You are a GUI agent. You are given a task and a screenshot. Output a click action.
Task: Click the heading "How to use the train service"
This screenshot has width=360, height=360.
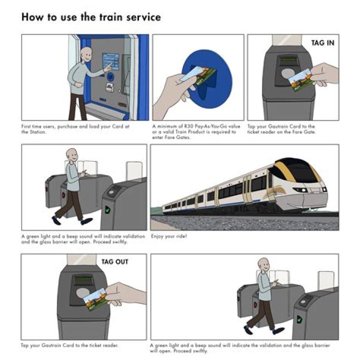coord(91,17)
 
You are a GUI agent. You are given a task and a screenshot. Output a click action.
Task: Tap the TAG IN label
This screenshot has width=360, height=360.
coord(322,43)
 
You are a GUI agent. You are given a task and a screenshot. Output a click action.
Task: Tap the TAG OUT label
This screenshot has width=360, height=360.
coord(114,261)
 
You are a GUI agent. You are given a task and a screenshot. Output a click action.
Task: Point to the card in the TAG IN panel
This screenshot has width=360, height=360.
coord(300,78)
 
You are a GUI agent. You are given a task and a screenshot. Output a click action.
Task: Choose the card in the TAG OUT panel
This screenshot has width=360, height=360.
coord(96,298)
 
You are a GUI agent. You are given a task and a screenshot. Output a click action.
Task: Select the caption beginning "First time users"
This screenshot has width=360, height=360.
coord(75,129)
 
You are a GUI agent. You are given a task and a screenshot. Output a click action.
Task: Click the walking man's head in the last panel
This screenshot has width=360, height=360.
coord(263,264)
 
